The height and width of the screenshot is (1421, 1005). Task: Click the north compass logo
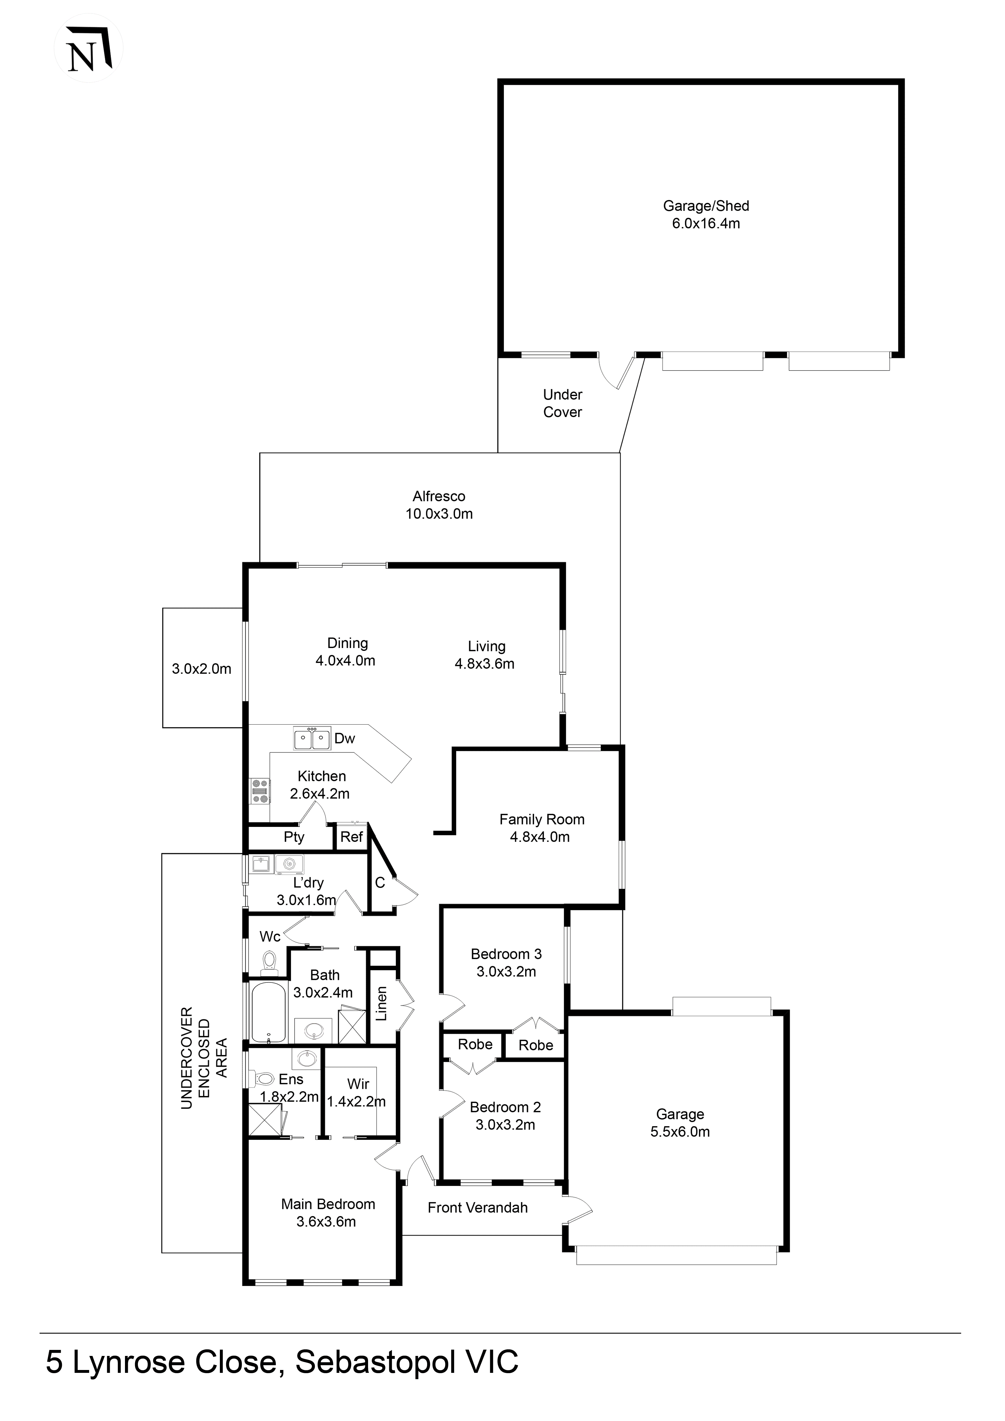click(89, 48)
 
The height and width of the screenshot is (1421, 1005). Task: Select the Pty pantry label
click(294, 837)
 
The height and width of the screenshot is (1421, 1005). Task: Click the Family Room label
click(541, 819)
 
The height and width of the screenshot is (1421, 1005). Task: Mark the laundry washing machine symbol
click(288, 863)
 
